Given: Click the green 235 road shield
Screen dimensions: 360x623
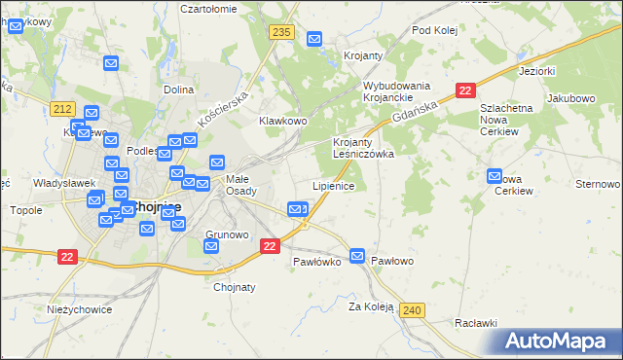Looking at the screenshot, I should (282, 33).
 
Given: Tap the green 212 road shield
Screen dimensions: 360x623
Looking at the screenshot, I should (64, 107).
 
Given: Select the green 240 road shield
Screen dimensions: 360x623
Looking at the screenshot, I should (412, 309).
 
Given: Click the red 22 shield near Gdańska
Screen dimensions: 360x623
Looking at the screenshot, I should (465, 90).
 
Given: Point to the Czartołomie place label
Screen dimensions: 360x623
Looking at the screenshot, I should (208, 8).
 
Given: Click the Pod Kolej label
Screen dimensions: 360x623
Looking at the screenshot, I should (434, 30).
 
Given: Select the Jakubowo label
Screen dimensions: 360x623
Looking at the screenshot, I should (570, 98).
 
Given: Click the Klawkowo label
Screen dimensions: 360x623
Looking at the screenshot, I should (282, 121).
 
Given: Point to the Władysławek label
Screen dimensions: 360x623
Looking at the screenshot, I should (63, 182).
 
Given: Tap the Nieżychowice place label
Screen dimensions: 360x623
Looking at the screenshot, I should (79, 309).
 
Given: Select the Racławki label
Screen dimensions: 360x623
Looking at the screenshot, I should (476, 322).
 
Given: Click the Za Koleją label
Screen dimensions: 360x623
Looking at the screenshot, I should (371, 306).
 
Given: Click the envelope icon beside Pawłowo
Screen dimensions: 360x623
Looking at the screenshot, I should (357, 255).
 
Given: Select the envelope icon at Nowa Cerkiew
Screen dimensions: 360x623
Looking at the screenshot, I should (495, 177).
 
